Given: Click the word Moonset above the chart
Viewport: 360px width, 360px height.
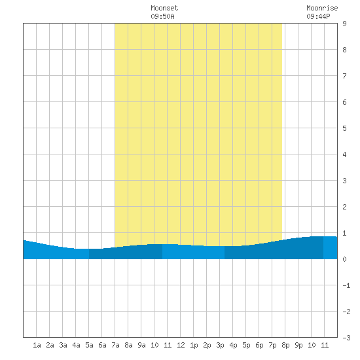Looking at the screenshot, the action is [x=164, y=8].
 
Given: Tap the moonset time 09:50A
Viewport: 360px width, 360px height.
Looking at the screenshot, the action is [x=162, y=16].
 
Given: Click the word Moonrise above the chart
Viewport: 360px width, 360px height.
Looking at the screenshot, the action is [x=322, y=8].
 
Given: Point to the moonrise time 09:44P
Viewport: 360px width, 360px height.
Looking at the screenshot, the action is [x=318, y=16].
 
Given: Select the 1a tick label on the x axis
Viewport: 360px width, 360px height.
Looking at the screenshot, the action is [x=37, y=345].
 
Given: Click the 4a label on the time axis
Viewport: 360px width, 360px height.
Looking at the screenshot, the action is [x=76, y=345].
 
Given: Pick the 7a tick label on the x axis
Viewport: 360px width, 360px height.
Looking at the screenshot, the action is [x=115, y=345].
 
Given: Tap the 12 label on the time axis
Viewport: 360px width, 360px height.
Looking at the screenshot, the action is [x=181, y=345].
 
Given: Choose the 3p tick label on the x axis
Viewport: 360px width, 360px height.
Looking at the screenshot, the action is [x=220, y=345].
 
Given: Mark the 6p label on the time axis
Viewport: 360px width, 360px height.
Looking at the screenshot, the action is [x=259, y=345].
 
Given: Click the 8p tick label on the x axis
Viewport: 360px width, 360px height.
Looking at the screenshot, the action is [x=285, y=345].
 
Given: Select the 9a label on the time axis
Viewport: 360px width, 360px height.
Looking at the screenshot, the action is [x=141, y=345].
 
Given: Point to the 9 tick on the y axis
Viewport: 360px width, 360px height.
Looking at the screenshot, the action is [x=344, y=24].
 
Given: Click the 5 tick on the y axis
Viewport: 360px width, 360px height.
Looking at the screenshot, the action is [x=344, y=128].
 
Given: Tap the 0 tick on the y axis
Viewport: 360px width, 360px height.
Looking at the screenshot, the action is [x=344, y=259].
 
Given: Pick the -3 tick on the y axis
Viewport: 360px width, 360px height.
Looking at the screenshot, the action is [x=346, y=338].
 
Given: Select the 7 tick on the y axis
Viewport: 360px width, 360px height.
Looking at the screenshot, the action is [x=344, y=76].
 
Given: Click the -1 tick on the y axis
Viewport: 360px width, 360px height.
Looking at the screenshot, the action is [x=346, y=285].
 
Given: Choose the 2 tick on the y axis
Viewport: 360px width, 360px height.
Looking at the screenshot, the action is [x=344, y=207].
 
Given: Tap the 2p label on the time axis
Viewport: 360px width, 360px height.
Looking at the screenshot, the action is [x=207, y=345].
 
